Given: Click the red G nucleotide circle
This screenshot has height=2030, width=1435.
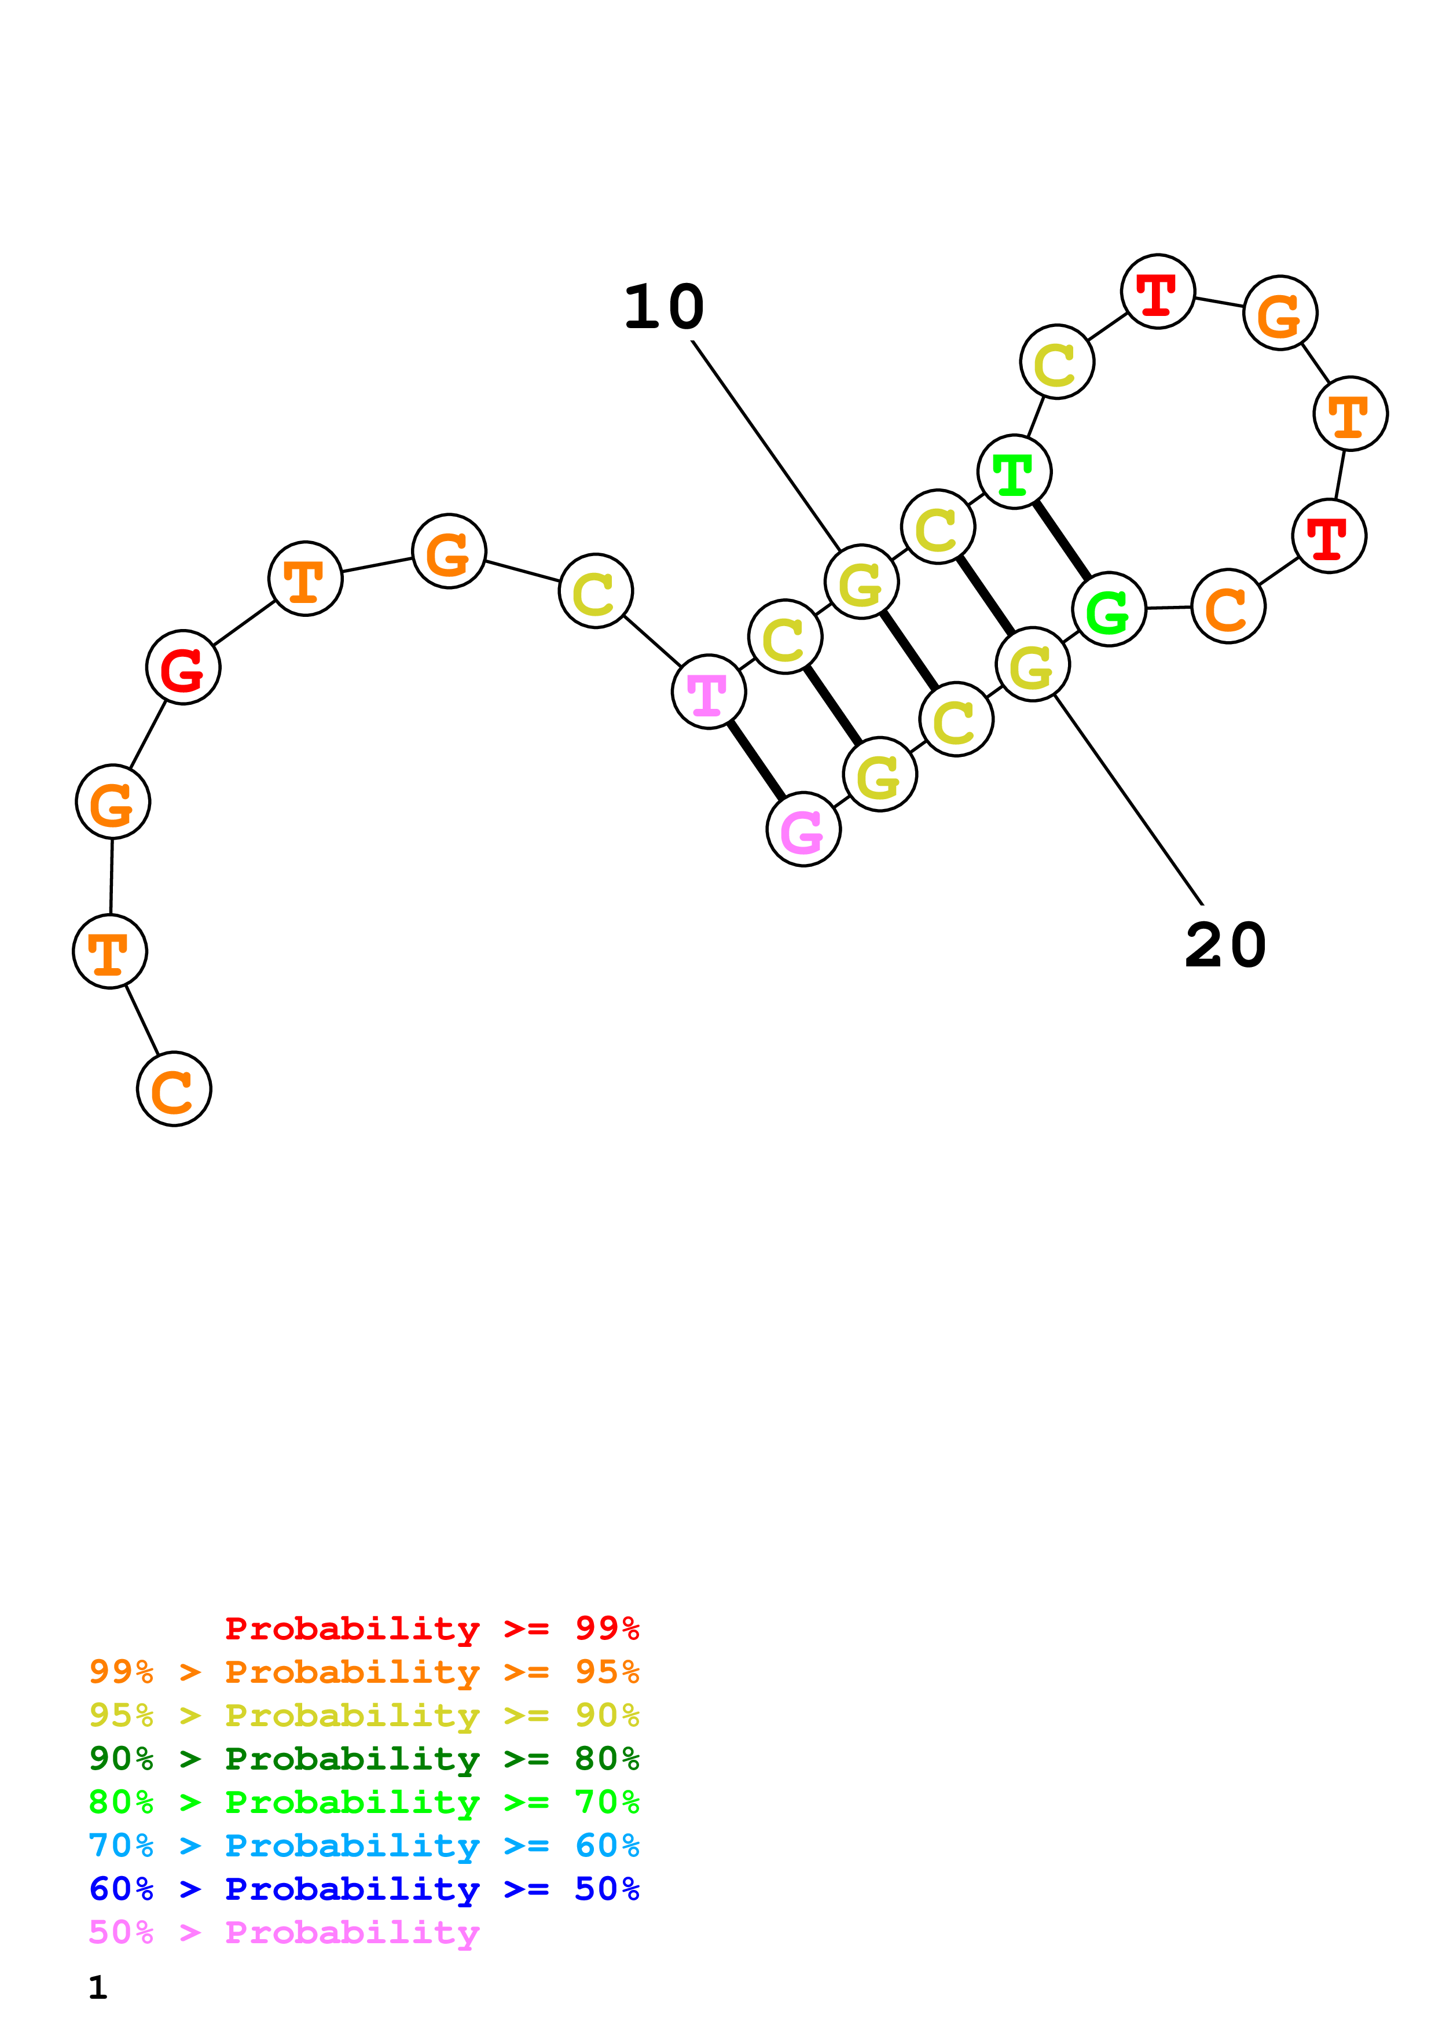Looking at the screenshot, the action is coord(183,668).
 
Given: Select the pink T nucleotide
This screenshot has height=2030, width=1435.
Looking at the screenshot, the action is coord(708,692).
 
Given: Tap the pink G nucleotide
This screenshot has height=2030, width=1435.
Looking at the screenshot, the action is coord(803,830).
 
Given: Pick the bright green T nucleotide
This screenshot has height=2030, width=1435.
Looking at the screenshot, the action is coord(1014,472).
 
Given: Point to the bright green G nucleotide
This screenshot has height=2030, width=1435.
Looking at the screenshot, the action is coord(1109,609).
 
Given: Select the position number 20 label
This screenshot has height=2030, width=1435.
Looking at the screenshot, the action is coord(1225,945).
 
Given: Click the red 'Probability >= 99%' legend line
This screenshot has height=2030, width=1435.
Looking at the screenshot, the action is coord(431,1628).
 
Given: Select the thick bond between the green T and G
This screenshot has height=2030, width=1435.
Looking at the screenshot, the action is coord(1062,541).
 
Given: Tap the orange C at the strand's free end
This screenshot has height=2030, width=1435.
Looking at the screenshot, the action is coord(174,1088).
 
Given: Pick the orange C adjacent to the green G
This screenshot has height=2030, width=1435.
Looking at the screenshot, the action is coord(1228,606).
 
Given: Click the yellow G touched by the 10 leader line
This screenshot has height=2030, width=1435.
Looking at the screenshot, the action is coord(861,582).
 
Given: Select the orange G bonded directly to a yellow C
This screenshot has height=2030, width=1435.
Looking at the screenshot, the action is coord(449,551).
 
